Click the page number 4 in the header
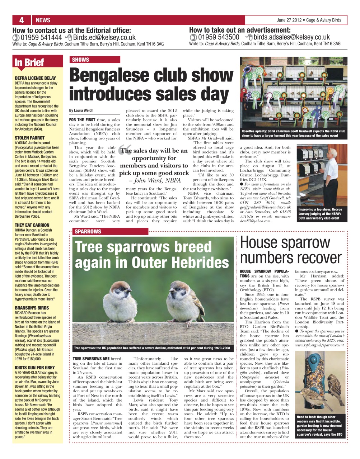[x=22, y=20]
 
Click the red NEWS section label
[x=43, y=20]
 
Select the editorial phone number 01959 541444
[x=41, y=37]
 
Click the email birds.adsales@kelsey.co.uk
[x=291, y=37]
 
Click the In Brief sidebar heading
[x=29, y=62]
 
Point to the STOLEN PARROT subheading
[x=30, y=138]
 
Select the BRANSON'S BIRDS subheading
[x=32, y=308]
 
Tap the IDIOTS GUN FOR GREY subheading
[x=35, y=367]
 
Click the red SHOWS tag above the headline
[x=80, y=60]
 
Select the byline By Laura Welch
[x=81, y=110]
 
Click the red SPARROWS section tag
[x=88, y=232]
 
